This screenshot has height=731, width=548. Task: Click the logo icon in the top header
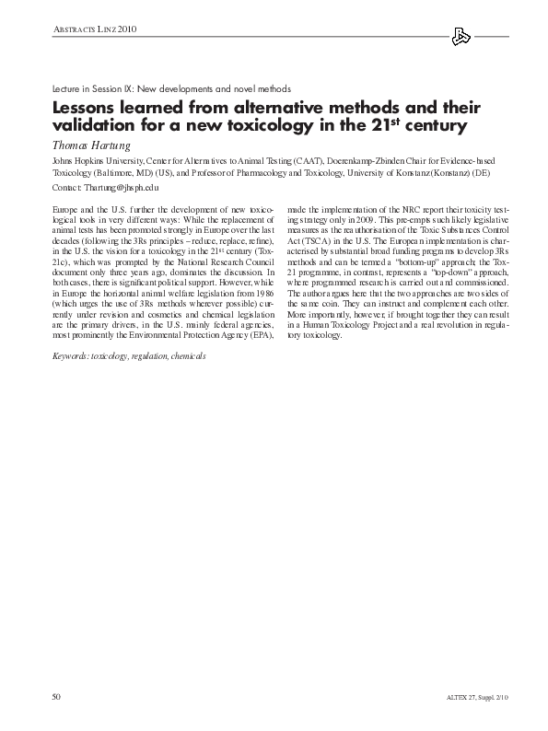tap(462, 37)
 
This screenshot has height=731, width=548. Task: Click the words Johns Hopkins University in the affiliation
tap(92, 160)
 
